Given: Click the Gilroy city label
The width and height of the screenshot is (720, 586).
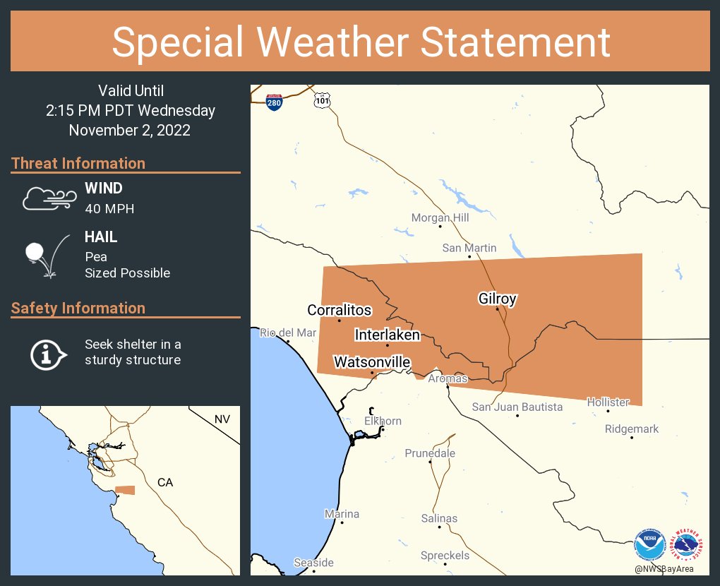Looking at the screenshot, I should pos(498,299).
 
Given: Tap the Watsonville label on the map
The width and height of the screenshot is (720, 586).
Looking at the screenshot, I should pos(371,362).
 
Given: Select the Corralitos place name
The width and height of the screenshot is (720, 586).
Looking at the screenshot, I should pos(339,310).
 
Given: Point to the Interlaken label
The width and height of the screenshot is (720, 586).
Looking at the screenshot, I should pos(387,335).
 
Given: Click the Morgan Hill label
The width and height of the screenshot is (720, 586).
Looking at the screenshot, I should pos(440,217).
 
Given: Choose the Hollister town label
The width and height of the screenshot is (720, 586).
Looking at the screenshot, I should pos(608,402).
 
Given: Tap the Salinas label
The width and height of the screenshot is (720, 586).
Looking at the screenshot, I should pos(439,518).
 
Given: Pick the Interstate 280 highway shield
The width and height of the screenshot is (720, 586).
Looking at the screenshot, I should pos(275,102).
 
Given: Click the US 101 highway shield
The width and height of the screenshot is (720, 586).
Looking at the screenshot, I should pos(322,101).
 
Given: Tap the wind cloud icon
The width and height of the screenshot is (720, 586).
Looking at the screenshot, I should pos(48,198).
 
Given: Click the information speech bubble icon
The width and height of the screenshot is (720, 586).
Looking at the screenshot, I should pos(47,353).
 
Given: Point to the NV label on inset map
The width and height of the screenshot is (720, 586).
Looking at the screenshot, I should pos(222,419).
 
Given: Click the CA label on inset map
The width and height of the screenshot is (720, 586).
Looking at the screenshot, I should pos(164,482).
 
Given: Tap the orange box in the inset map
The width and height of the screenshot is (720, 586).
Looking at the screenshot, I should pos(125,490).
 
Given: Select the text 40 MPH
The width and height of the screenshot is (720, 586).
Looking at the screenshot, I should pos(109,208).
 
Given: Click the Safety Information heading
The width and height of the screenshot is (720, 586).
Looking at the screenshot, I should pos(78,308).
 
